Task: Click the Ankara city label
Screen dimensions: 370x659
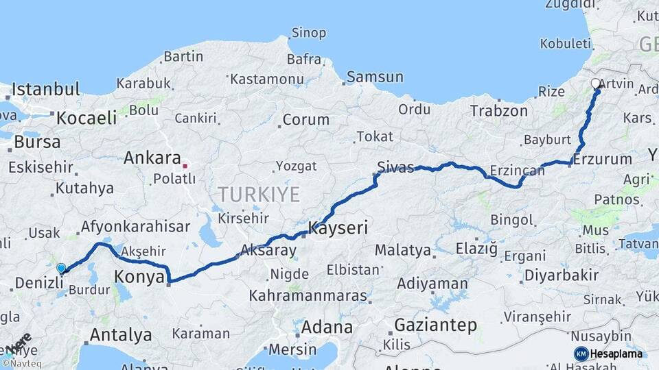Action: (x=152, y=158)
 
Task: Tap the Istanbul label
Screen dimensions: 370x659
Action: (x=46, y=89)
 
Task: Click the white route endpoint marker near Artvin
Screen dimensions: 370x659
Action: (x=596, y=84)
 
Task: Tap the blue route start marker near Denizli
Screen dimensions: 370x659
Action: (x=61, y=269)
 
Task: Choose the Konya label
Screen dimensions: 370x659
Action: (x=139, y=277)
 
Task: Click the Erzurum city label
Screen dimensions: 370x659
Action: (x=602, y=159)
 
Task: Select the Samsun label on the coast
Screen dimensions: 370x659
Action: (x=375, y=77)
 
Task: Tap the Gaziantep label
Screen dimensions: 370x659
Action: (x=436, y=325)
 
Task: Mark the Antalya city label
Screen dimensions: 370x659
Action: (x=121, y=335)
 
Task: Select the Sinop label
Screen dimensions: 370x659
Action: (x=309, y=32)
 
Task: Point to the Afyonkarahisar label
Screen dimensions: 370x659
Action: (x=135, y=227)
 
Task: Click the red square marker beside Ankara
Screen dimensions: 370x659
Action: (x=185, y=165)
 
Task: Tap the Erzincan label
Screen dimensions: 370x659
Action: (x=518, y=171)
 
